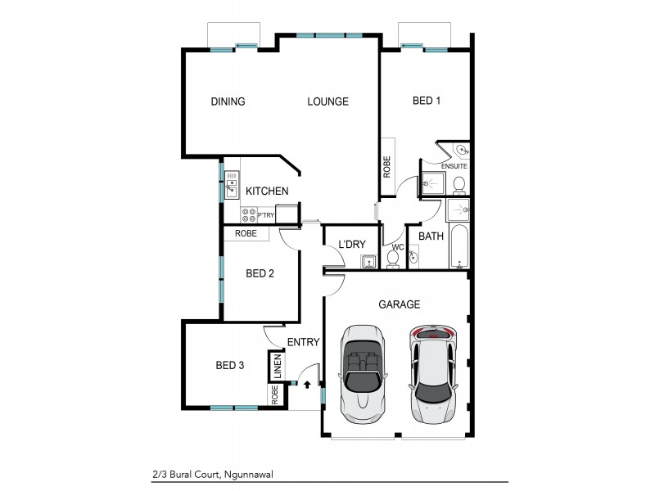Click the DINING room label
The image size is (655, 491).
[228, 101]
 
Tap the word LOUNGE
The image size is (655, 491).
[327, 101]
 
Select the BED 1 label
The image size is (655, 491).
[427, 101]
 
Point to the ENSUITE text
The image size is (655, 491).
[454, 166]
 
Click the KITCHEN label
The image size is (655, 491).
[267, 191]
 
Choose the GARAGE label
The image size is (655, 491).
[399, 304]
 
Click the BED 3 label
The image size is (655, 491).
[230, 365]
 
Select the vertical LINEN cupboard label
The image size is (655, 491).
[277, 366]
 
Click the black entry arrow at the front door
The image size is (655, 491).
[307, 383]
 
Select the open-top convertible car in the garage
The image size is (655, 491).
[362, 372]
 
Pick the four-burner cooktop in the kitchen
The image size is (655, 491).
[249, 214]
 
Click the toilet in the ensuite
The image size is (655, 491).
[459, 183]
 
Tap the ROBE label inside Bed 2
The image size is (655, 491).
[246, 233]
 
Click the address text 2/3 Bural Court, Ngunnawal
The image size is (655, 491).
[212, 473]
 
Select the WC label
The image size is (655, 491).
[398, 247]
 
